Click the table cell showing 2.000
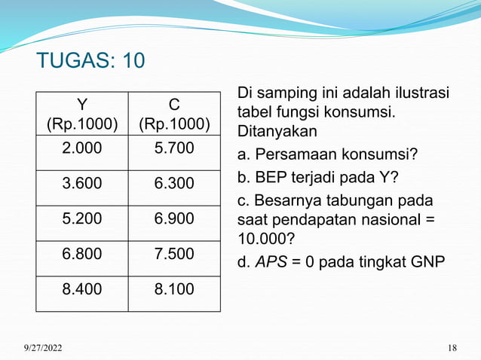tap(81, 149)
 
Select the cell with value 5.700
tap(174, 149)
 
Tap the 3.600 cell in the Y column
tap(81, 184)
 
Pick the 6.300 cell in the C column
tap(174, 184)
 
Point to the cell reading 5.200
tap(81, 218)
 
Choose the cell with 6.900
tap(174, 218)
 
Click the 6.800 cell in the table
tap(81, 253)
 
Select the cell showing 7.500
tap(174, 253)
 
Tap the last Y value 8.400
tap(81, 288)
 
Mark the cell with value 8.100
tap(174, 288)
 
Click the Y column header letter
tap(81, 103)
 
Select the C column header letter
tap(174, 103)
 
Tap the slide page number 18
tap(452, 347)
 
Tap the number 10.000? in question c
tap(266, 238)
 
